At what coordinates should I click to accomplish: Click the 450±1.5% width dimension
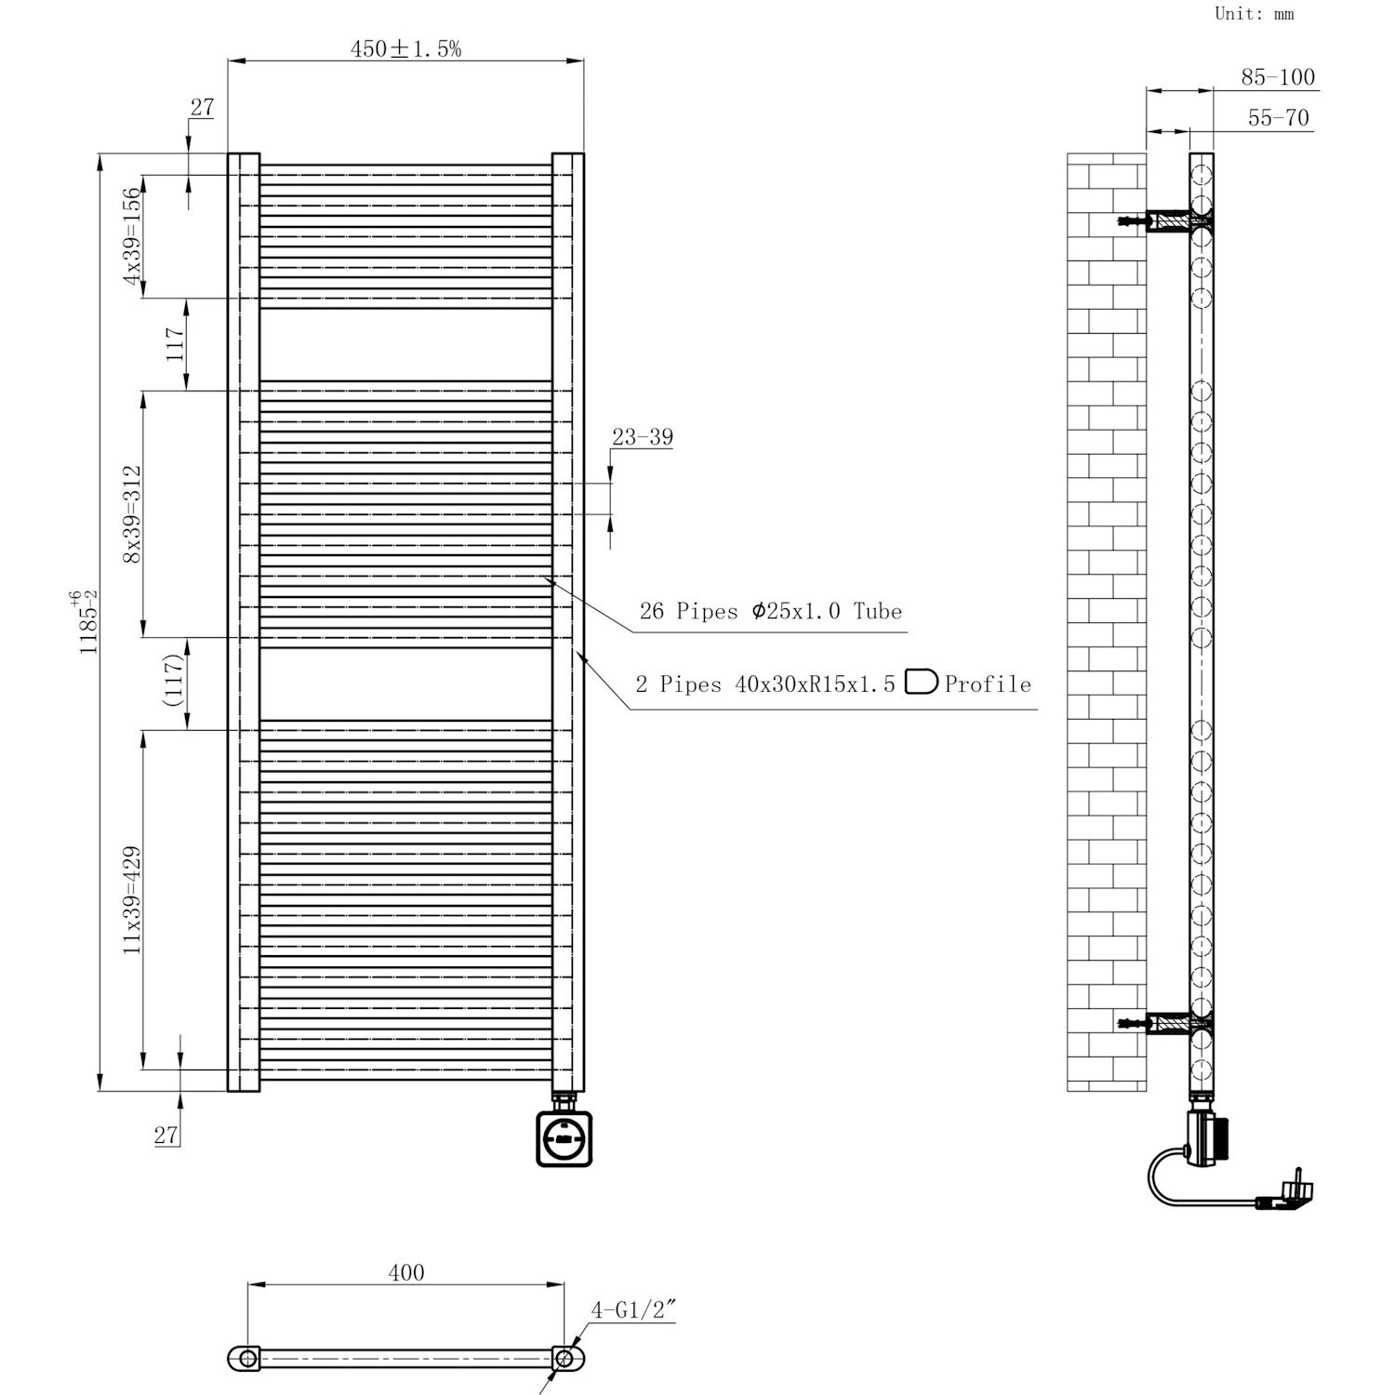(x=405, y=49)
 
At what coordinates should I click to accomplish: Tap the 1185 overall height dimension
(x=88, y=621)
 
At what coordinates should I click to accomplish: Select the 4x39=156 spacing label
(x=133, y=236)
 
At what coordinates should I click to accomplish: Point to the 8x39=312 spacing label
(x=133, y=513)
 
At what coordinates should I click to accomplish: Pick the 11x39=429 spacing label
(x=133, y=899)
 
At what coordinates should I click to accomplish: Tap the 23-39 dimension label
(x=642, y=437)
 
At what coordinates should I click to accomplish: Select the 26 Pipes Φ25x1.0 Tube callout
(x=770, y=612)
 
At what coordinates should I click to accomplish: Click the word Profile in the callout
(x=988, y=685)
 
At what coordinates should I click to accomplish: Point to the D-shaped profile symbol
(x=921, y=682)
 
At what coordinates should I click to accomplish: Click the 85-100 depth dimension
(x=1278, y=77)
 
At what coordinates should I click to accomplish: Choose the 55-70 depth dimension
(x=1278, y=118)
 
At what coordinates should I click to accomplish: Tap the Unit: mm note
(x=1254, y=14)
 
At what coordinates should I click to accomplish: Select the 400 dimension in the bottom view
(x=406, y=1272)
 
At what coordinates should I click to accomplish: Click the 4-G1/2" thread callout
(x=632, y=1311)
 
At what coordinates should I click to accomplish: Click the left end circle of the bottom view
(x=247, y=1359)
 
